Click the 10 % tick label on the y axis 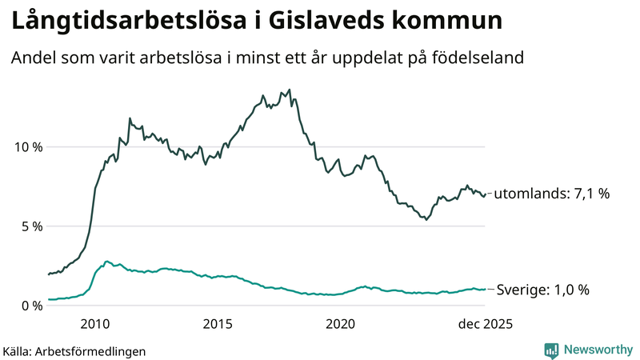coord(26,147)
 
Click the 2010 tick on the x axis coord(95,324)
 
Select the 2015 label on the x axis coord(218,324)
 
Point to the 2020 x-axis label coord(341,324)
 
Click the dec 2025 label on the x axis coord(484,324)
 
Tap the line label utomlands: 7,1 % coord(552,194)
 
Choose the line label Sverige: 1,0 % coord(543,290)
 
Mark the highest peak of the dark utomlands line coord(290,90)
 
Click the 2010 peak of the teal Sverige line coord(106,261)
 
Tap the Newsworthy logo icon coord(551,350)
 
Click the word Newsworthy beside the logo coord(598,350)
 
